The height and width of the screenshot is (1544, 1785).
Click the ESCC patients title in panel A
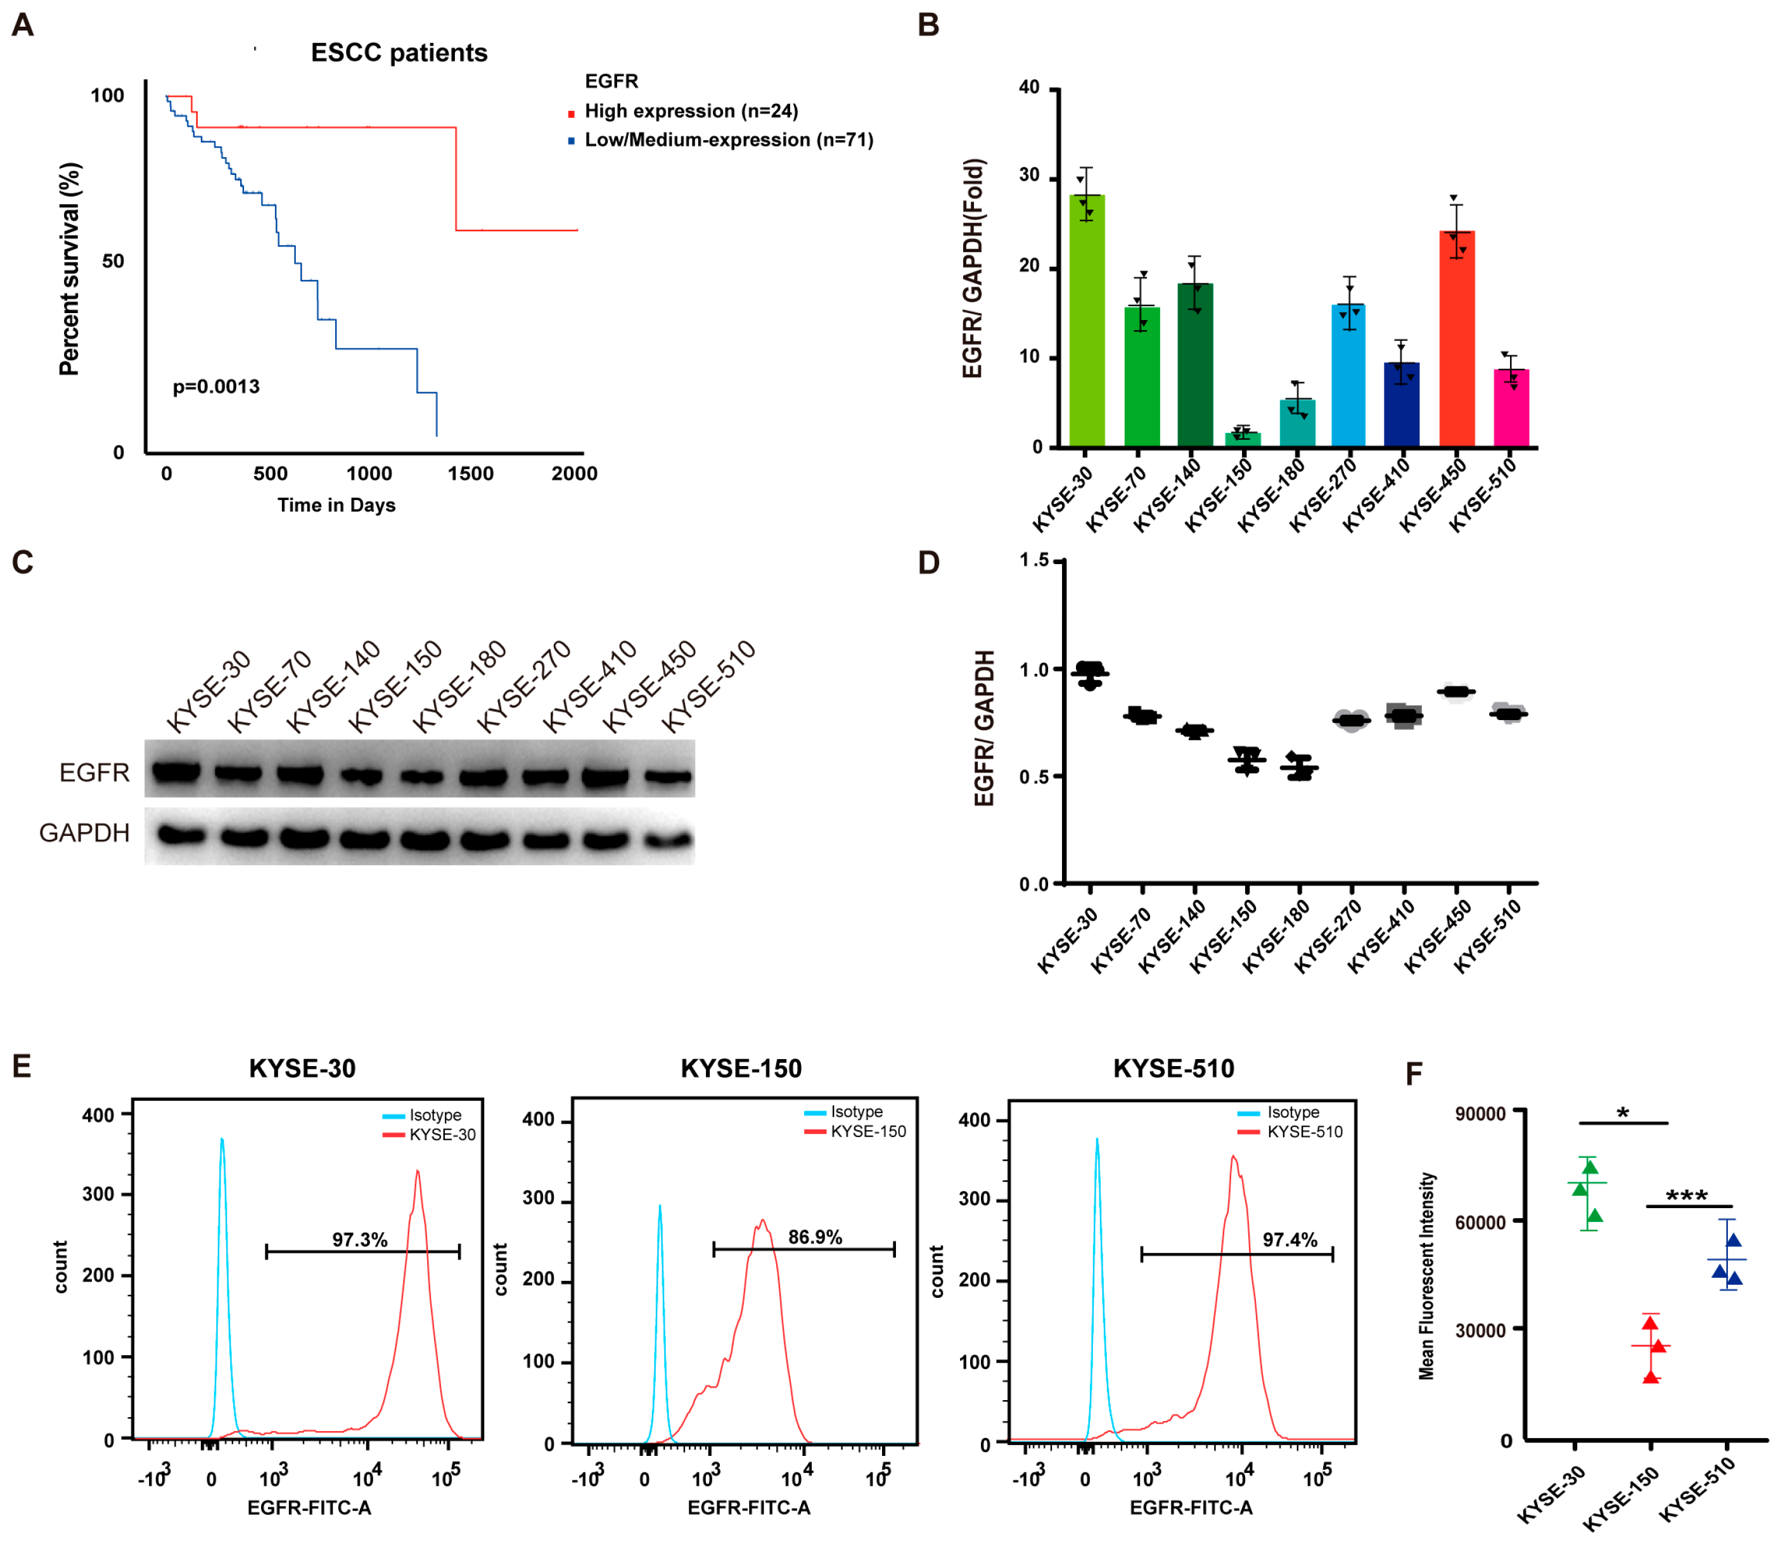click(x=399, y=53)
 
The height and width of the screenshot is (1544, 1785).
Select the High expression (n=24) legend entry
click(x=691, y=111)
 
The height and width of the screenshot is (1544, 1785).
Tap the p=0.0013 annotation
click(x=216, y=387)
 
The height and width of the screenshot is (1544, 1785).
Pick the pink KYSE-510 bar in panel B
click(x=1511, y=409)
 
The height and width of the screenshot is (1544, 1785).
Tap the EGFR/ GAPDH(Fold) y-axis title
click(x=973, y=268)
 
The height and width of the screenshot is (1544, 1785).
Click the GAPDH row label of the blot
click(x=84, y=832)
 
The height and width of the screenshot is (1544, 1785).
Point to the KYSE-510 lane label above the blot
click(x=709, y=686)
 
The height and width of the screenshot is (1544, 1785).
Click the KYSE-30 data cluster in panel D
click(x=1091, y=674)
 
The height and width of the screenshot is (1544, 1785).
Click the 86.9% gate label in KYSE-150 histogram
click(x=815, y=1237)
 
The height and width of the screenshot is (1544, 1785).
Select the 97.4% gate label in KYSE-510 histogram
click(x=1289, y=1240)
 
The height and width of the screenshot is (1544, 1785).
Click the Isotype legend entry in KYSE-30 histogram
click(x=435, y=1116)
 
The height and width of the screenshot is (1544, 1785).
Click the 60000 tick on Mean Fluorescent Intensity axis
click(x=1480, y=1222)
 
